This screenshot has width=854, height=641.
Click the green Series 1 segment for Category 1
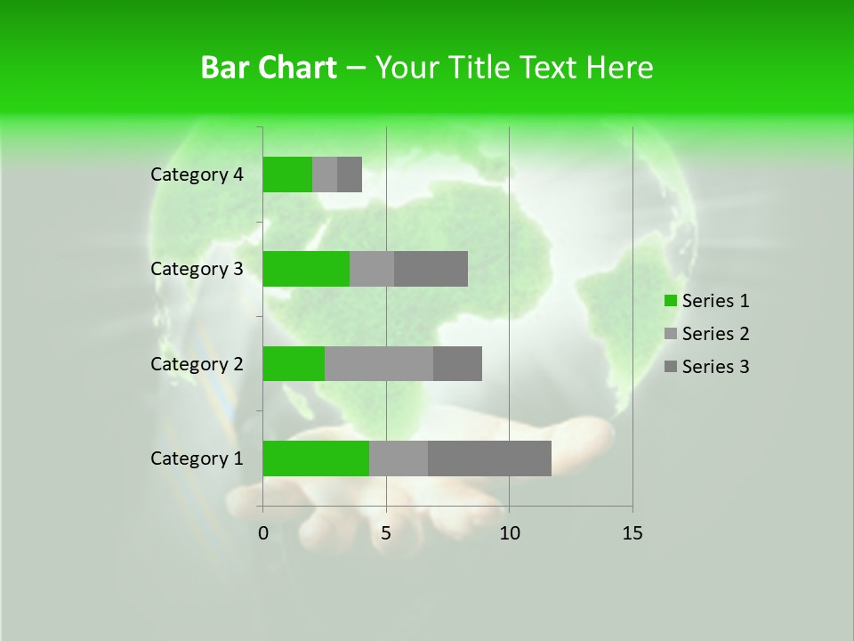[316, 458]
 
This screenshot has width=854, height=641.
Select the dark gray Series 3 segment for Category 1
[489, 458]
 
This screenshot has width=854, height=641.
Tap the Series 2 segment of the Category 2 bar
[379, 363]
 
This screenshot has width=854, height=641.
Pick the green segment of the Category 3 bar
[306, 269]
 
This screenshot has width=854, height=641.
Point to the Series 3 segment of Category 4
[350, 174]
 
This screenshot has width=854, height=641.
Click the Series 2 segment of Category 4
[325, 174]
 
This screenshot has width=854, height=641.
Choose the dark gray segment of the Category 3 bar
[431, 269]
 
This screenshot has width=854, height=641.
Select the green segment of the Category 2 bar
[294, 363]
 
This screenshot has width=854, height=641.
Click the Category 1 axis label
[197, 458]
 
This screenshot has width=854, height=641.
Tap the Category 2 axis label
[197, 363]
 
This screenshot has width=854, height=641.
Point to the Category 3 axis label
[197, 269]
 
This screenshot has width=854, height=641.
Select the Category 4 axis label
[197, 174]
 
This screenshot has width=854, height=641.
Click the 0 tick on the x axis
[263, 533]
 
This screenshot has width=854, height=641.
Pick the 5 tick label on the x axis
[386, 533]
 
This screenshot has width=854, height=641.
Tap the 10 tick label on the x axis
[509, 533]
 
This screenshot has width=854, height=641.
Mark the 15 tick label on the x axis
[632, 533]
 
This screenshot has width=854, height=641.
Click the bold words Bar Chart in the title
[269, 68]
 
